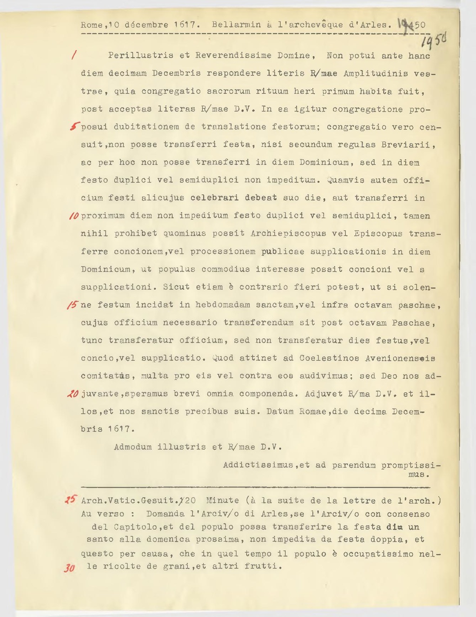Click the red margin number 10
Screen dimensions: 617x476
73,216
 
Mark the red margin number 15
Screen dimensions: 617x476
73,305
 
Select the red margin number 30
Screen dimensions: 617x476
70,568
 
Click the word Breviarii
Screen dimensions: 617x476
408,145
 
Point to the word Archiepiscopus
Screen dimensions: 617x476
288,234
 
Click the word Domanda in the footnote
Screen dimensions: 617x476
165,514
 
